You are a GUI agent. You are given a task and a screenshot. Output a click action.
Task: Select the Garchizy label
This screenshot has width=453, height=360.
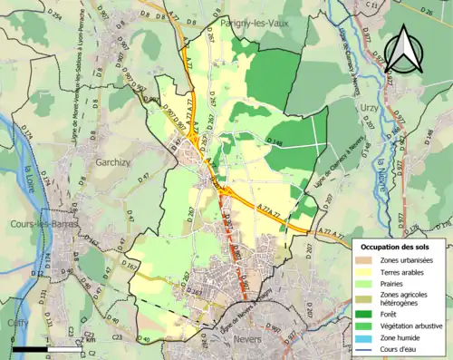pos(115,164)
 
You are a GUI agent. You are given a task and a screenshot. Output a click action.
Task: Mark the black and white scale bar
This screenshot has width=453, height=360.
pos(41,348)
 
